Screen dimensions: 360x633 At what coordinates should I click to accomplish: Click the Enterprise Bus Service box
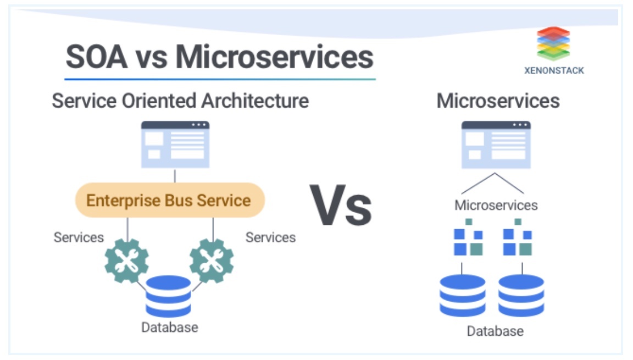point(169,200)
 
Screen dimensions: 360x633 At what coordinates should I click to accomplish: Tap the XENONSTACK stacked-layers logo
point(553,43)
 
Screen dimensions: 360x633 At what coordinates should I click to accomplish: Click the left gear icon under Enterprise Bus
point(127,261)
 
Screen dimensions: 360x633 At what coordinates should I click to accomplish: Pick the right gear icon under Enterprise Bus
point(212,261)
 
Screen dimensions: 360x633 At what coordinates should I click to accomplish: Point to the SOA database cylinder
point(168,296)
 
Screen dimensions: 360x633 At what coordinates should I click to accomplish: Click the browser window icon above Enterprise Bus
point(175,144)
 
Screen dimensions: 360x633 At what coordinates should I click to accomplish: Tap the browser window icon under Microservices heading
point(496,144)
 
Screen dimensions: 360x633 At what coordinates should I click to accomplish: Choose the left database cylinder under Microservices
point(463,295)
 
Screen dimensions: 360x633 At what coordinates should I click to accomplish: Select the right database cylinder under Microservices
point(521,295)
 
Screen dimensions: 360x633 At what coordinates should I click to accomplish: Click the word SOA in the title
point(97,57)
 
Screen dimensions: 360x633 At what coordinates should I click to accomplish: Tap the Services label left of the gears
point(79,237)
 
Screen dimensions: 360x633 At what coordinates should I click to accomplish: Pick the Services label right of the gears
point(270,237)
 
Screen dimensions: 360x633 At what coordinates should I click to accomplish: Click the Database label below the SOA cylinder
point(169,328)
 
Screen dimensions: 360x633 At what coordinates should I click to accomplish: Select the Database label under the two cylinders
point(495,331)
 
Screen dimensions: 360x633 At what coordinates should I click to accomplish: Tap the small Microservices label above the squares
point(496,206)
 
